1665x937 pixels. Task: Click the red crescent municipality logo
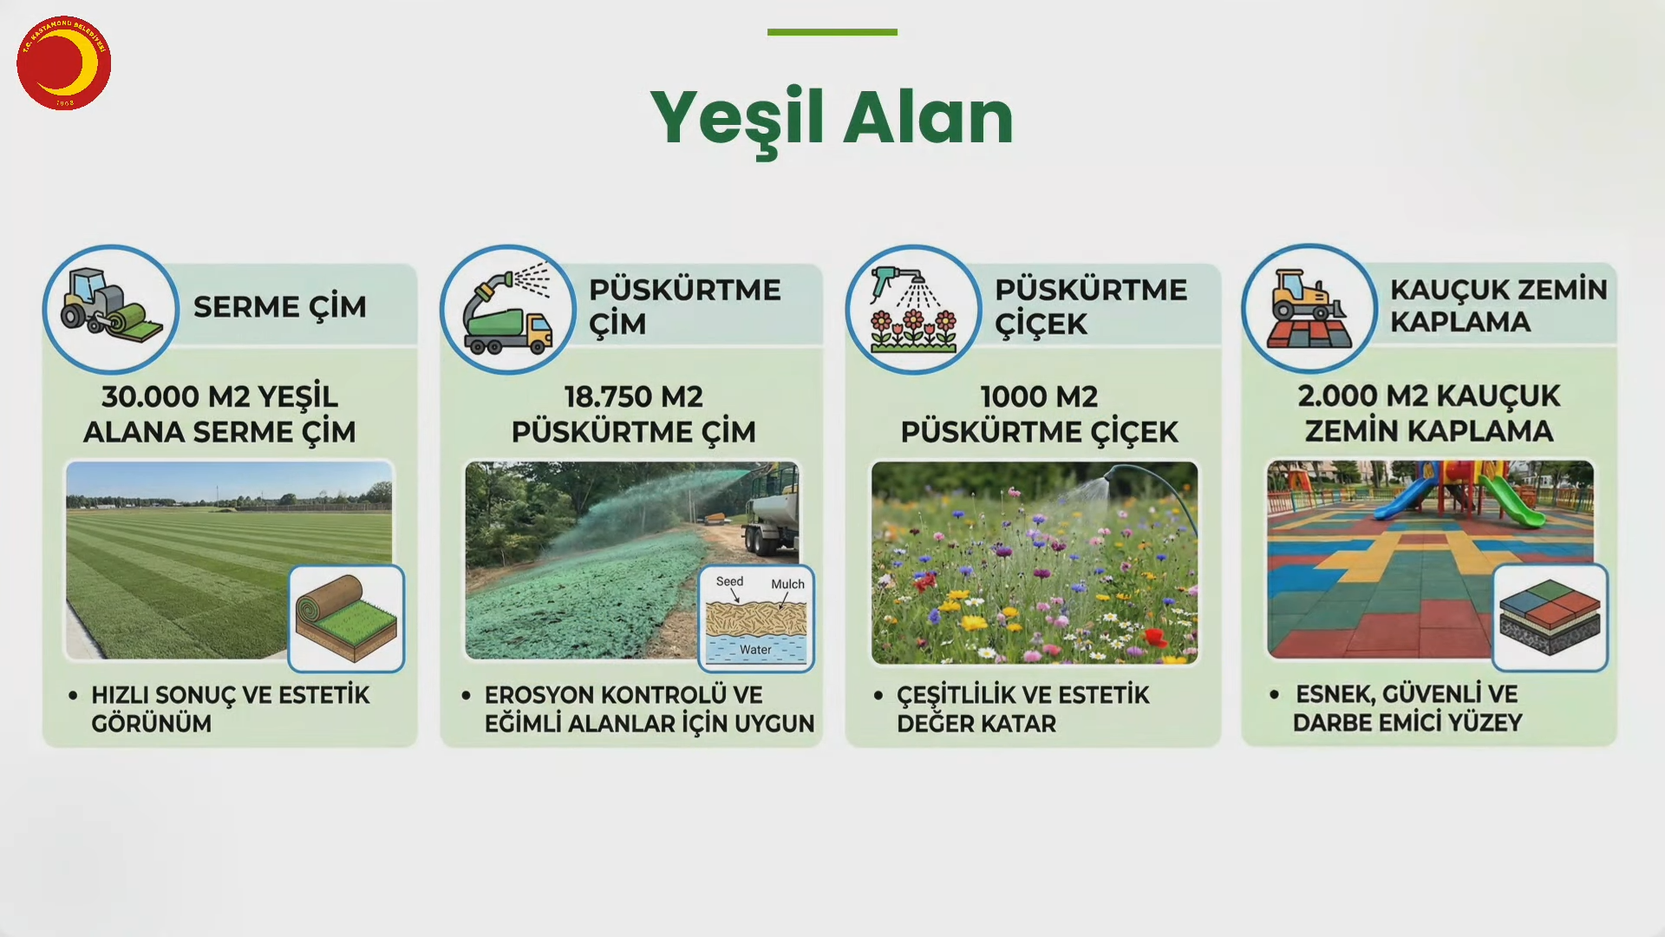pos(63,62)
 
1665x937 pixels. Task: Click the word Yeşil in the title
pos(736,120)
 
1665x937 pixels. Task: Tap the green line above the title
pos(832,32)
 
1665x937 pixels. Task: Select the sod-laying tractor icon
pos(111,308)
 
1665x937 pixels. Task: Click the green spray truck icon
pos(508,310)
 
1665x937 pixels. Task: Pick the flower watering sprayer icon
pos(913,311)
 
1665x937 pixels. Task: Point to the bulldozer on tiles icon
pos(1309,309)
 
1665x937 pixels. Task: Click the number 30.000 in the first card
pos(151,396)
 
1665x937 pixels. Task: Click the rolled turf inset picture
pos(346,619)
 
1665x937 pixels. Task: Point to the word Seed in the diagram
pos(729,581)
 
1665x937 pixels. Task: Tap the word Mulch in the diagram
pos(787,584)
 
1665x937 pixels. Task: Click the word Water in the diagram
pos(755,649)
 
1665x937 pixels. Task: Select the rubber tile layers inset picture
pos(1550,618)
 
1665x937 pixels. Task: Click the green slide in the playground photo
pos(1512,501)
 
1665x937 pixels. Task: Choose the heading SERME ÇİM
pos(279,306)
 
